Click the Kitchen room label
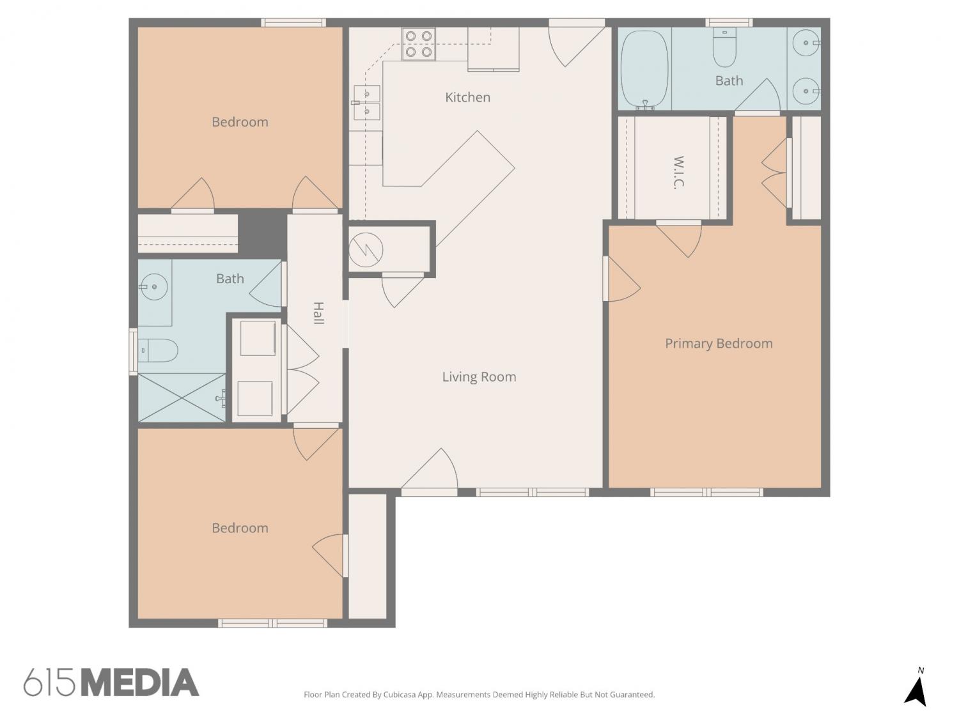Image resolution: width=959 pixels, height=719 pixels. coord(467,97)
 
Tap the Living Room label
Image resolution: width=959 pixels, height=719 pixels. coord(479,376)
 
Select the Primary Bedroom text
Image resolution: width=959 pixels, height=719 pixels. coord(718,344)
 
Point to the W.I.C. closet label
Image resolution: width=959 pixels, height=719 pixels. coord(678,172)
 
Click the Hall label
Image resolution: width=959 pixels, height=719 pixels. coord(319,313)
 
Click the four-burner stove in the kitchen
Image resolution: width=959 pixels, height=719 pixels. coord(418,44)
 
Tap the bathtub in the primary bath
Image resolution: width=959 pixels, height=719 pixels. coord(644,70)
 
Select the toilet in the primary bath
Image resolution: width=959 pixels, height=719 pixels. coord(724,47)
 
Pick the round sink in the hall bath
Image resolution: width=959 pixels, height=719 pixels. coord(154,287)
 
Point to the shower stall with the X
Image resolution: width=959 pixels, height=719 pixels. coord(182,398)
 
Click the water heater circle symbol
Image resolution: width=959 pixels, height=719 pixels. coord(366,250)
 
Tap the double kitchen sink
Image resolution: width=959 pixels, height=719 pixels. coord(366,103)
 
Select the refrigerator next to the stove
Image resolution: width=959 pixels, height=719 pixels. coord(494,49)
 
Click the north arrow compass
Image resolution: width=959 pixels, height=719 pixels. coord(916,686)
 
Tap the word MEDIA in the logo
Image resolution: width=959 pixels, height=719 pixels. coord(141,683)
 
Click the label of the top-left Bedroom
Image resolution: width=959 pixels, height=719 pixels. coord(240,122)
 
